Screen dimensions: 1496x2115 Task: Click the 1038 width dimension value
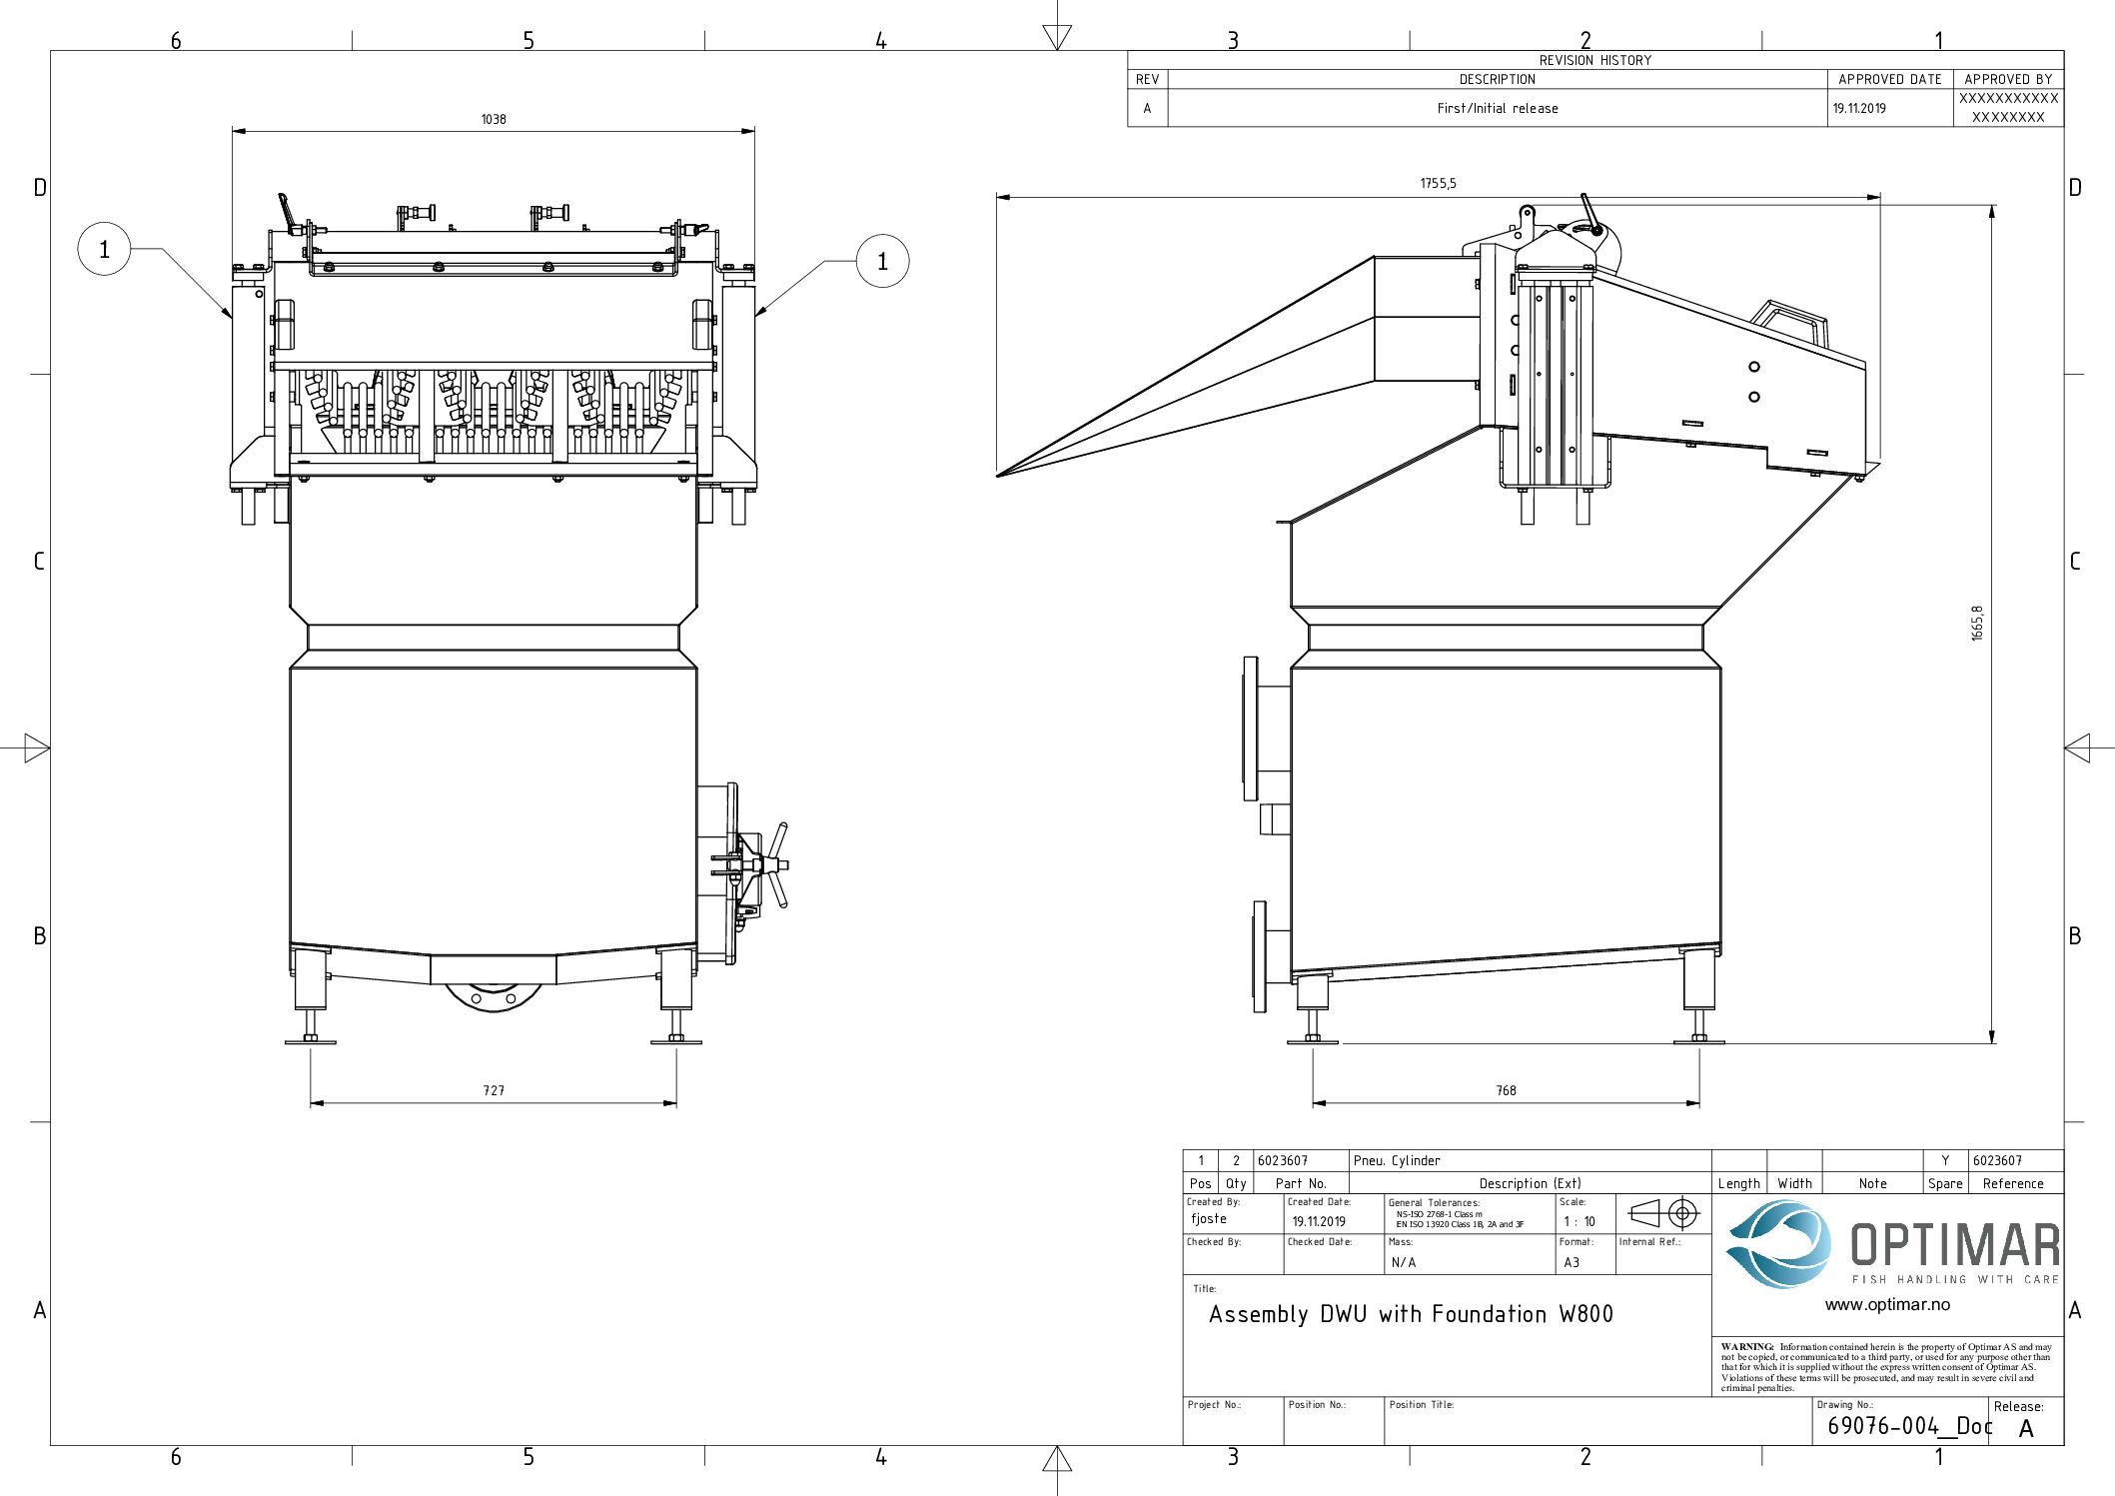[494, 120]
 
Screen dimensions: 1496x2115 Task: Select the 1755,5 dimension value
[1438, 184]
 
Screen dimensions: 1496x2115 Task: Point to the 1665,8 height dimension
[1977, 623]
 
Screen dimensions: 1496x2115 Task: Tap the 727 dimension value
[494, 1090]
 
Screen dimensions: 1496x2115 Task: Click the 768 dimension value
[1506, 1090]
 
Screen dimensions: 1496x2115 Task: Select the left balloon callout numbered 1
[104, 249]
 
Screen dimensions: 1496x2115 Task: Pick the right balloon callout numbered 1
[882, 262]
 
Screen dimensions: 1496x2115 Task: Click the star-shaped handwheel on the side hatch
[773, 864]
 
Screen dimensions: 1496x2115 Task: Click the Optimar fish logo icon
[1779, 1244]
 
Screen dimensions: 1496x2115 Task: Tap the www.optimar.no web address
[1886, 1304]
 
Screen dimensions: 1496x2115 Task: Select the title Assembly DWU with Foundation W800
[1411, 1314]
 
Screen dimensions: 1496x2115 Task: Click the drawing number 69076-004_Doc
[1908, 1426]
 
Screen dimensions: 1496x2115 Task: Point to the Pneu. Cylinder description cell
[1397, 1160]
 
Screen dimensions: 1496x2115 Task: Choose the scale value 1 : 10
[1580, 1221]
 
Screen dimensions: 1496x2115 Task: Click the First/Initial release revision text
[1497, 109]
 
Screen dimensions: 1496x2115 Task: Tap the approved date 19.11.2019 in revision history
[1859, 109]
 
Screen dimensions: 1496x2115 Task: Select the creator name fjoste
[1208, 1219]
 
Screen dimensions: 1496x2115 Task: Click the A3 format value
[1572, 1262]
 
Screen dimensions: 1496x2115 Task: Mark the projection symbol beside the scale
[1663, 1214]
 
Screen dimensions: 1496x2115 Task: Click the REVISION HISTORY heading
[1594, 60]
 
